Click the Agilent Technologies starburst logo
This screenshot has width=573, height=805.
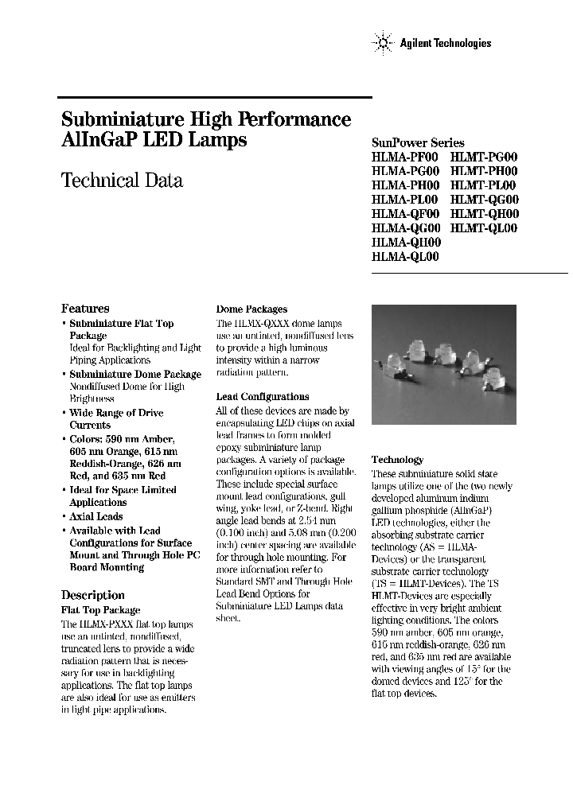coord(383,44)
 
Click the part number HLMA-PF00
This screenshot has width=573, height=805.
coord(405,157)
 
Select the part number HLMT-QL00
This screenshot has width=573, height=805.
coord(484,228)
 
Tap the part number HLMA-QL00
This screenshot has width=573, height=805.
coord(405,257)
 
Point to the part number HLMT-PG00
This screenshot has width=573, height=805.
coord(484,157)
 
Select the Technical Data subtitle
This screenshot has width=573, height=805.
coord(122,181)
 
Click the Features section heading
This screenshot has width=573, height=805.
coord(85,309)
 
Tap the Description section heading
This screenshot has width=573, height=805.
coord(92,595)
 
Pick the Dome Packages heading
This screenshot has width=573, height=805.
coord(251,309)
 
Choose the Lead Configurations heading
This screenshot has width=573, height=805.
coord(263,397)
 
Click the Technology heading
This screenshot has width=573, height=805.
coord(397,460)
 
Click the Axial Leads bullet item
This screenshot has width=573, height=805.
coord(95,516)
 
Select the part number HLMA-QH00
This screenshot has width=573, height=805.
coord(405,243)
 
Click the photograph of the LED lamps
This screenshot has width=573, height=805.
coord(443,364)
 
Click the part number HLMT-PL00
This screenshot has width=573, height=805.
coord(484,185)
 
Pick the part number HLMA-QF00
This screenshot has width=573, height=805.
coord(405,214)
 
